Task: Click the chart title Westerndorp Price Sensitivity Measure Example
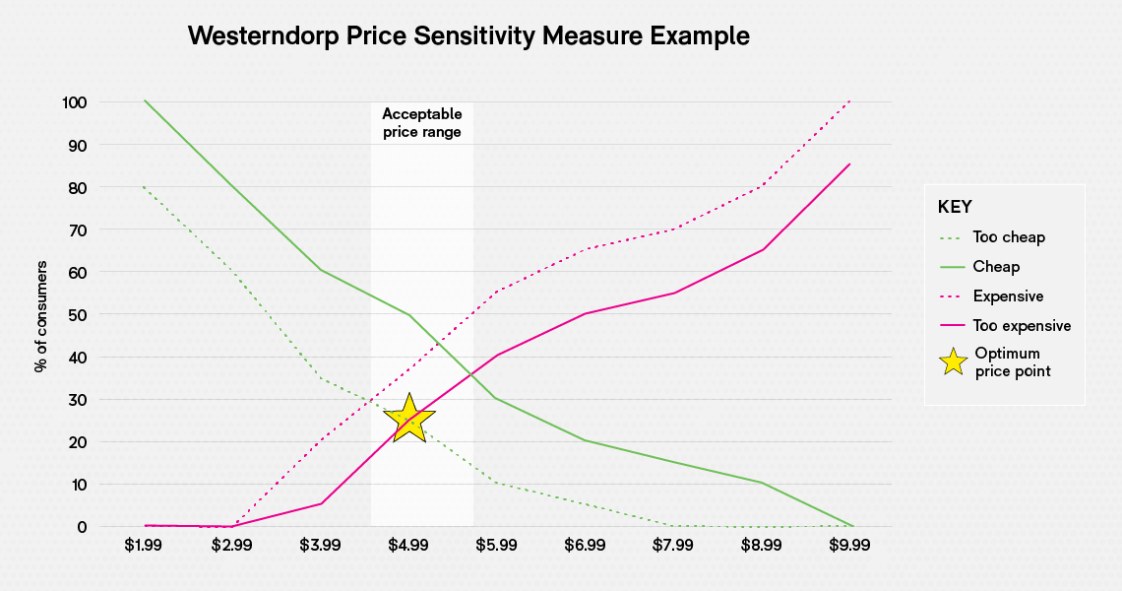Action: [468, 36]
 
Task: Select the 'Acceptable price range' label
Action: [421, 123]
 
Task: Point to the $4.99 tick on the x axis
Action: [407, 544]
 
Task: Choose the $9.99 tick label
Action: [850, 544]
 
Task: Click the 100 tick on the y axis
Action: [76, 102]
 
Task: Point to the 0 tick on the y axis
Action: [83, 527]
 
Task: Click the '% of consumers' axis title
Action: [40, 315]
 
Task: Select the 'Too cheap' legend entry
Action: [1009, 237]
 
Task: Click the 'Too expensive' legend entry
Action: [1022, 326]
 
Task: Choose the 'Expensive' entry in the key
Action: [1008, 296]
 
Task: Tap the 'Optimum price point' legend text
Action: [1013, 362]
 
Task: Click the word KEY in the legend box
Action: [955, 207]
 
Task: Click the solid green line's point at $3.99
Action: [321, 270]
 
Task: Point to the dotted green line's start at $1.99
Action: [146, 187]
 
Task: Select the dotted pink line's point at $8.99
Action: [763, 185]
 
